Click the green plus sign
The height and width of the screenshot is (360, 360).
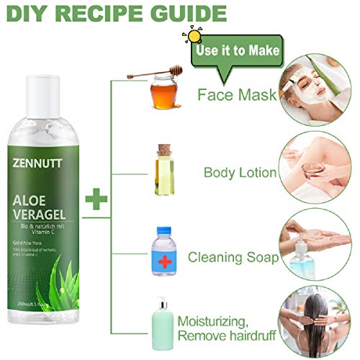coord(96,199)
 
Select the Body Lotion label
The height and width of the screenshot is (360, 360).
coord(240,173)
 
